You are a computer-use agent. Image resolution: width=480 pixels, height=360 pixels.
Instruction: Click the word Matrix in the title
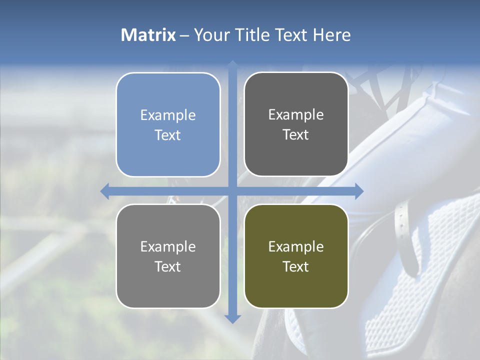pyautogui.click(x=148, y=35)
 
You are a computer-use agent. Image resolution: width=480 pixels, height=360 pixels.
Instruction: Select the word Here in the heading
pyautogui.click(x=331, y=35)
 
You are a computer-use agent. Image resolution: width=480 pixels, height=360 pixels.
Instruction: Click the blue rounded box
pyautogui.click(x=168, y=124)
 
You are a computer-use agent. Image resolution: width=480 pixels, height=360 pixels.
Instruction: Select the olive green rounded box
pyautogui.click(x=296, y=256)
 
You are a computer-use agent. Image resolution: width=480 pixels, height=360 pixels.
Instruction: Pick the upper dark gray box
pyautogui.click(x=296, y=124)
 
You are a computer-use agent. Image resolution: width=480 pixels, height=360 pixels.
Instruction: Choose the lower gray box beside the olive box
pyautogui.click(x=168, y=256)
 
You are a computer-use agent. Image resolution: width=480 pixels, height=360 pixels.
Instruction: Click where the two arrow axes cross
pyautogui.click(x=232, y=191)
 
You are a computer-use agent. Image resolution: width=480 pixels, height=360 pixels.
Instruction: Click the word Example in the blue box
pyautogui.click(x=168, y=115)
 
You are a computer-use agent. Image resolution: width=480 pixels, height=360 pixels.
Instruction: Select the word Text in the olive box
pyautogui.click(x=296, y=266)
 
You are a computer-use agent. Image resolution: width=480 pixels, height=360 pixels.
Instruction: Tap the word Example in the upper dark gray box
pyautogui.click(x=296, y=114)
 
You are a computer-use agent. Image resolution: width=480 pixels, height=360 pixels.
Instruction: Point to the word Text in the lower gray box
pyautogui.click(x=168, y=266)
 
